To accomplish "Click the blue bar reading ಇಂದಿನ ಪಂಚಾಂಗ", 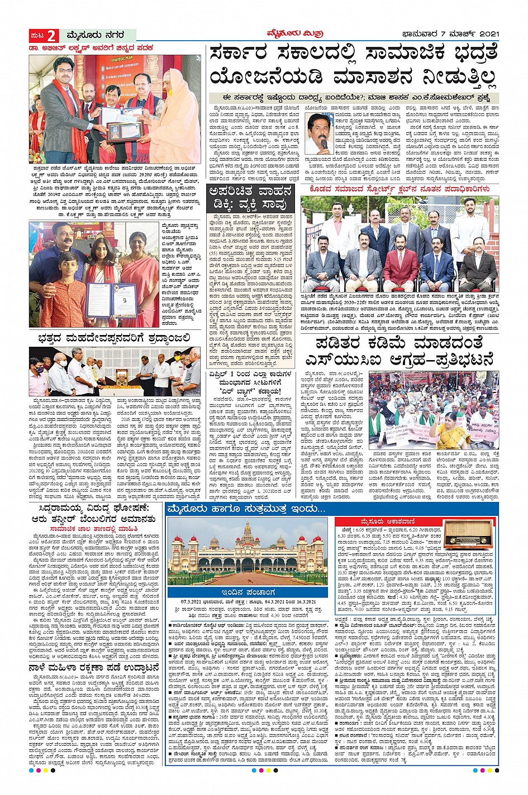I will (249, 592).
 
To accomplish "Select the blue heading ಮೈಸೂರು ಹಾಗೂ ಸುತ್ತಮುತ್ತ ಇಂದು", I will (246, 509).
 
